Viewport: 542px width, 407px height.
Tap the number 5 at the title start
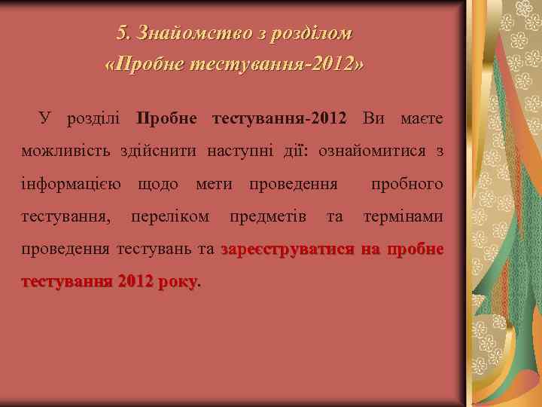click(123, 34)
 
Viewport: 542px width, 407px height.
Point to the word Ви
click(377, 118)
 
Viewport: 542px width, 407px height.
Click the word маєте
click(422, 118)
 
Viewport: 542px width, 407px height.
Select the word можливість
click(66, 151)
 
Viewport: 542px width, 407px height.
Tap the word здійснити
click(157, 151)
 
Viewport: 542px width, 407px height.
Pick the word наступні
click(232, 151)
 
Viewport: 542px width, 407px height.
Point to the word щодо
click(158, 184)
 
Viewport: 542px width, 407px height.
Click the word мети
click(215, 184)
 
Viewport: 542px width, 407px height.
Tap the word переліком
click(170, 217)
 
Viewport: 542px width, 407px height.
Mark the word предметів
click(267, 217)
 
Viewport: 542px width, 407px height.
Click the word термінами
click(403, 217)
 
